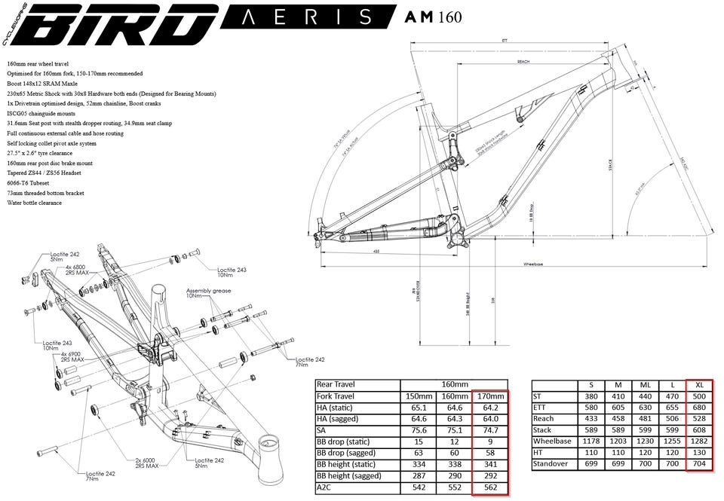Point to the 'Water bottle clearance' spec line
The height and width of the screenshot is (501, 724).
click(35, 202)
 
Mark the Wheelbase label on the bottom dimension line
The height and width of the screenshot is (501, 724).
click(533, 264)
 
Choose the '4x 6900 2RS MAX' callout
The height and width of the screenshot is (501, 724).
click(72, 357)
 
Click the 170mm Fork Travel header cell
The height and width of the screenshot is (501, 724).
click(489, 397)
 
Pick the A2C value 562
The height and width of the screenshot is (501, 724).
click(489, 487)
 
